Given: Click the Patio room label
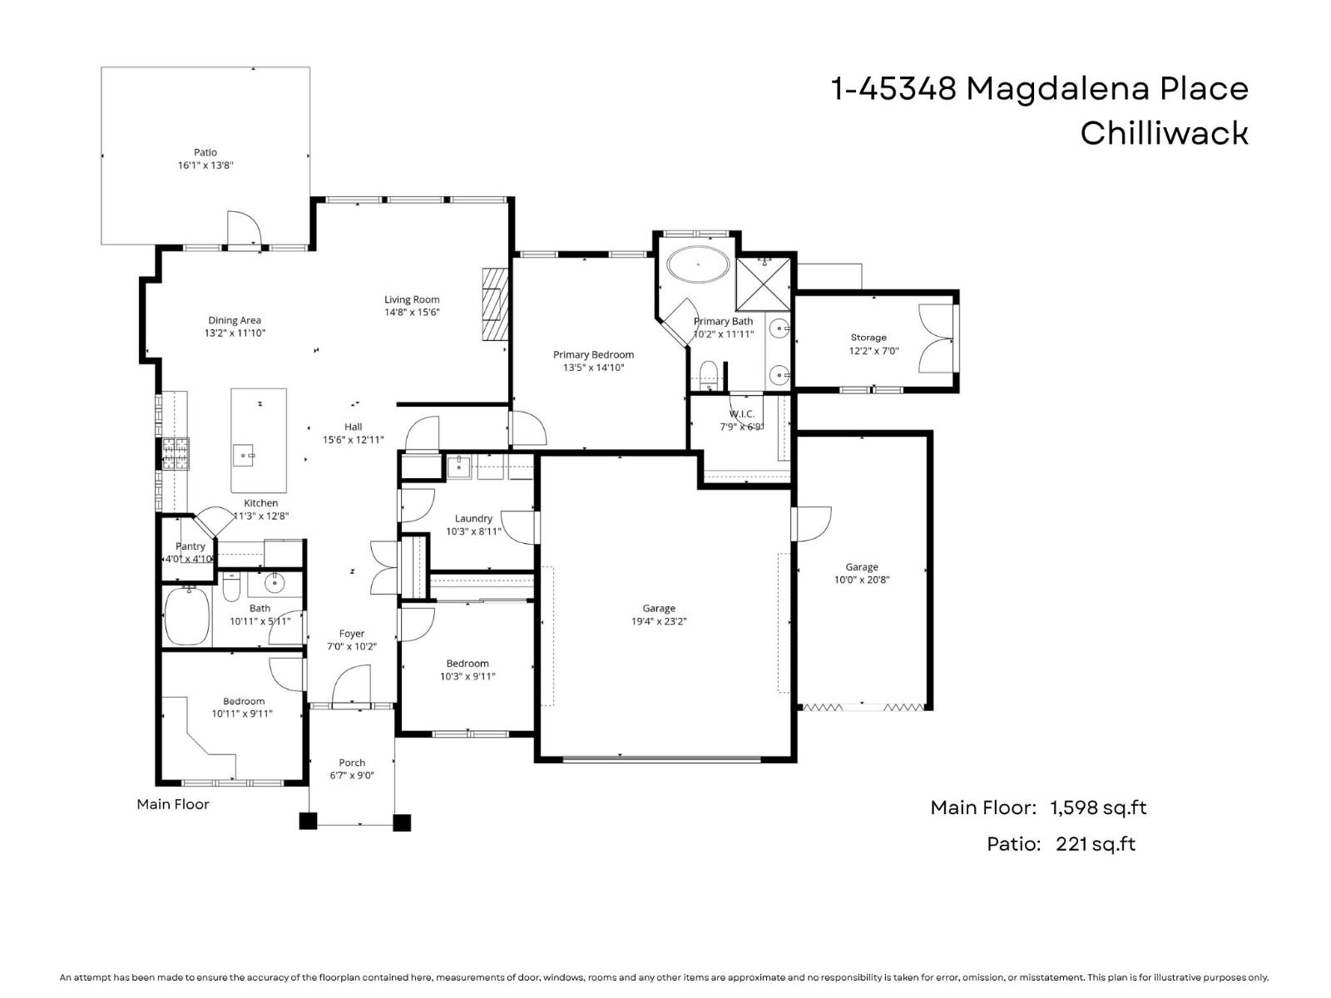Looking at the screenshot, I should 205,152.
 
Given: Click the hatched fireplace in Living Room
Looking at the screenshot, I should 494,304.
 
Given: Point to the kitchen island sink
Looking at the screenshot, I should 243,455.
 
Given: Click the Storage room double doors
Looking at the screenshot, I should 936,339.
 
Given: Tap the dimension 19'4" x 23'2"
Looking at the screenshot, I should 658,621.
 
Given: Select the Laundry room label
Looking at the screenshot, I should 473,518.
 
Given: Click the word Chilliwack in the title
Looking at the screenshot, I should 1164,133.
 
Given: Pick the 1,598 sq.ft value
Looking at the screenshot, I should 1098,807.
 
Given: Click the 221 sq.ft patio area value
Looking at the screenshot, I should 1095,844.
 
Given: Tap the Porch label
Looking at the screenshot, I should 352,762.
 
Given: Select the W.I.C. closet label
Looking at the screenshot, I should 741,413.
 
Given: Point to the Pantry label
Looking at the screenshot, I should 190,546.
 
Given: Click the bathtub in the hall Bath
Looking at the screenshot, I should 187,615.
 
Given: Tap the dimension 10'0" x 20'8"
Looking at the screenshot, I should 862,580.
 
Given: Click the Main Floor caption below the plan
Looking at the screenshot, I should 173,804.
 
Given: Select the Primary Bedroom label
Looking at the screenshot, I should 593,354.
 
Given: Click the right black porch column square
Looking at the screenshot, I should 402,822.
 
